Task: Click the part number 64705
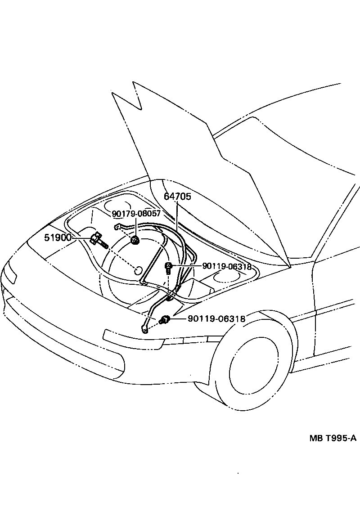click(177, 197)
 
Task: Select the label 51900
click(58, 238)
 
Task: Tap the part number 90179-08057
click(136, 214)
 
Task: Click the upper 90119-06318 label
click(226, 266)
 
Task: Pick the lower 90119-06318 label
click(216, 319)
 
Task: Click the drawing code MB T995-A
click(333, 439)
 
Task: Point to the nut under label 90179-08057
click(135, 241)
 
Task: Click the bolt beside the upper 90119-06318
click(169, 268)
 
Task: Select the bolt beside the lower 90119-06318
click(164, 320)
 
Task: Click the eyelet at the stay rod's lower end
click(144, 329)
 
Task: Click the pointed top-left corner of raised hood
click(133, 82)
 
